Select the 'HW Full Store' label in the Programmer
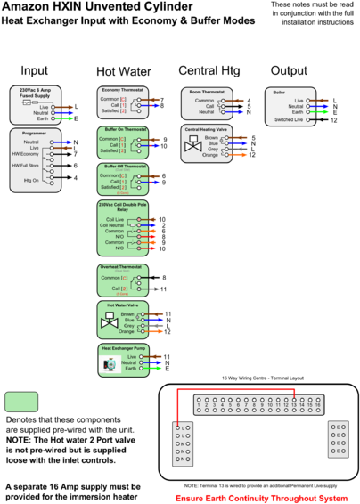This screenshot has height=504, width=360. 27,166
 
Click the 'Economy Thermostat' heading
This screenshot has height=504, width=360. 123,91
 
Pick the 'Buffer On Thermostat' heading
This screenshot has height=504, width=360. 123,130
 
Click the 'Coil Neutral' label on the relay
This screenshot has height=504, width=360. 114,224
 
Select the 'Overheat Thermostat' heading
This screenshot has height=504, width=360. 123,267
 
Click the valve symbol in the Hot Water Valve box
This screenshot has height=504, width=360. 110,321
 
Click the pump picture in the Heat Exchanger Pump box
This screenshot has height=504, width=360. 110,363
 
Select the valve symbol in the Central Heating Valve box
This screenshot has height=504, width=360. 193,148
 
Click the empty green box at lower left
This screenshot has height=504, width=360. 21,402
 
